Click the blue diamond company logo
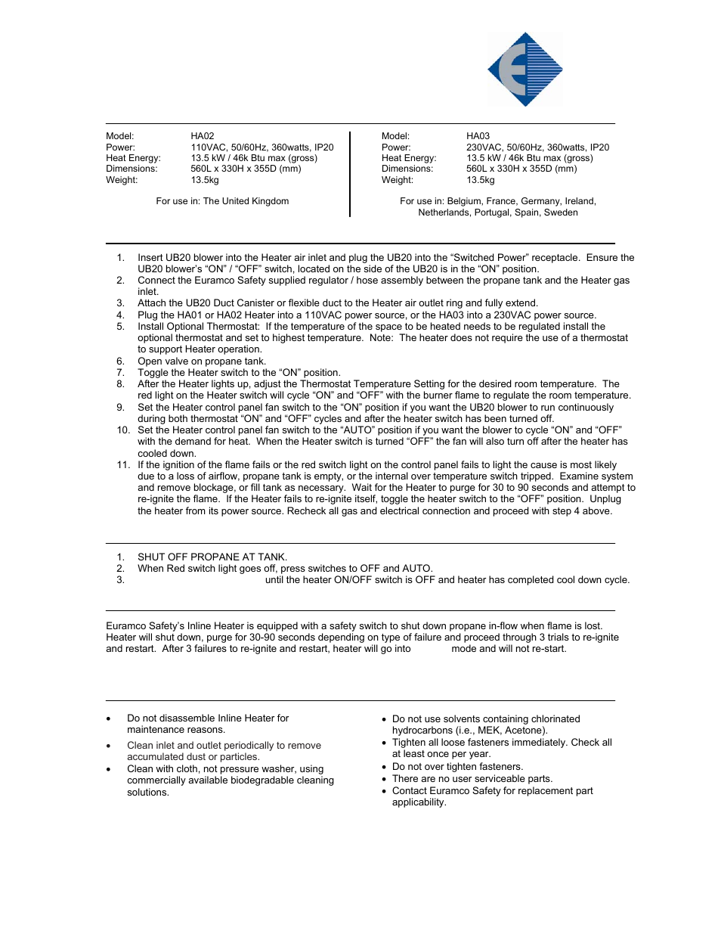525,70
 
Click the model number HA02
203,136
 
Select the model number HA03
478,136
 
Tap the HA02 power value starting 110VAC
261,147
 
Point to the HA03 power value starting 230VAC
537,147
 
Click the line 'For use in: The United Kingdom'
222,201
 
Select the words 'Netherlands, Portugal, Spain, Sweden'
497,213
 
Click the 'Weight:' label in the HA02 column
122,180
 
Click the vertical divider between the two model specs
350,174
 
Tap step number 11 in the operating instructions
123,465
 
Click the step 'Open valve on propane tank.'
201,361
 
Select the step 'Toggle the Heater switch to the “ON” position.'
239,373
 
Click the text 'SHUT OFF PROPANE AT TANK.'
212,557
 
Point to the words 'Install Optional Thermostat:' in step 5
198,327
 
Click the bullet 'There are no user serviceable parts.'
472,779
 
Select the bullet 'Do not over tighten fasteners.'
457,767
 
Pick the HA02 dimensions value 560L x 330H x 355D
246,169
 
